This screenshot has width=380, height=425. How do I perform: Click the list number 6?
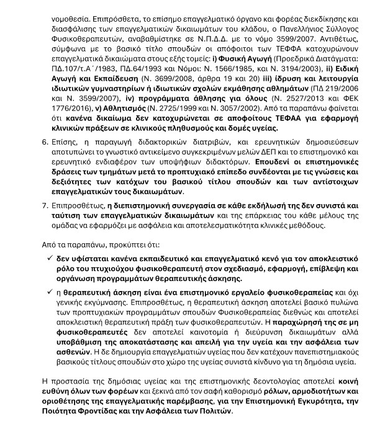(x=44, y=141)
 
